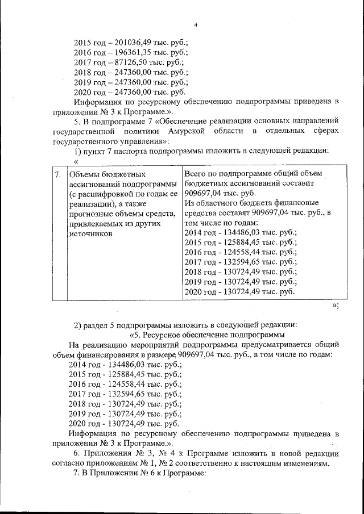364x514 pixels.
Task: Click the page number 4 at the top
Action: point(195,24)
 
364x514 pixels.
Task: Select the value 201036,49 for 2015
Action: point(135,43)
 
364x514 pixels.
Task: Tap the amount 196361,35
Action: point(135,52)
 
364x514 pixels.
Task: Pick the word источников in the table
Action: point(90,233)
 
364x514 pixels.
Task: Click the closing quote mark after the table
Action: point(334,306)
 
